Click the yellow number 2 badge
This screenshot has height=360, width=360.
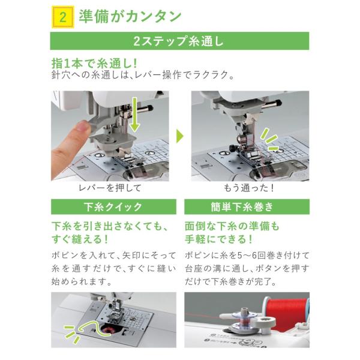click(x=63, y=17)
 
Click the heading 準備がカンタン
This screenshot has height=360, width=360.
click(x=130, y=17)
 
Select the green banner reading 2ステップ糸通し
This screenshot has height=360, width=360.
click(x=179, y=41)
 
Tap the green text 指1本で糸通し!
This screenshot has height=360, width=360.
click(x=94, y=63)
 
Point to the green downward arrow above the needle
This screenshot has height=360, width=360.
click(x=134, y=114)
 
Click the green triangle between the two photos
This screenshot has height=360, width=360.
click(x=180, y=136)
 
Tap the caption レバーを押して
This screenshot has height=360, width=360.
click(x=110, y=188)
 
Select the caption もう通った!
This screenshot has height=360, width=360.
click(x=248, y=188)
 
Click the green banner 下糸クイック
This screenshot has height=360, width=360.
click(x=113, y=206)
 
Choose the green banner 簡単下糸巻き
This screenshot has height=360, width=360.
click(x=247, y=206)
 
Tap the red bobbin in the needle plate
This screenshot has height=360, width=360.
click(x=108, y=331)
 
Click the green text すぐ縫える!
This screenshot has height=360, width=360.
click(x=80, y=239)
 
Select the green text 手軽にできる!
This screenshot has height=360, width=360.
click(x=218, y=239)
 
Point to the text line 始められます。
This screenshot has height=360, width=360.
click(x=81, y=282)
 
